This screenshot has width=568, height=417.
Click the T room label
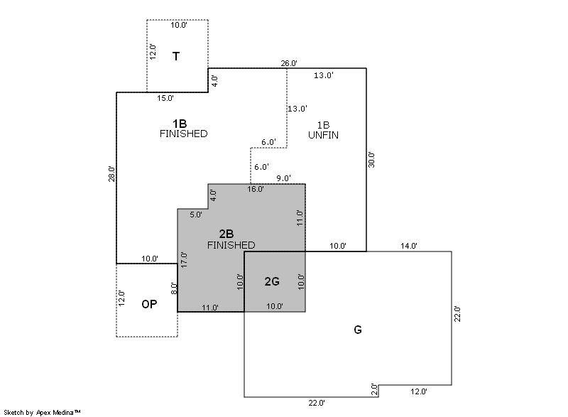175,56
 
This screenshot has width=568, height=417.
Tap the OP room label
149,304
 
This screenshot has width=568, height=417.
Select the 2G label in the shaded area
272,281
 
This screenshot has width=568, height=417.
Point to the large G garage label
358,330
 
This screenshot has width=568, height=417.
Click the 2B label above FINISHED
226,234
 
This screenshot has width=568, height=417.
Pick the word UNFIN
323,134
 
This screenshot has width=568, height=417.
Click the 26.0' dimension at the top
289,63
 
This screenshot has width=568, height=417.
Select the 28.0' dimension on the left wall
111,173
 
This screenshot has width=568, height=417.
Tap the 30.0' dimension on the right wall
371,159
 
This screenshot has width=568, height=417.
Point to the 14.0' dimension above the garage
409,246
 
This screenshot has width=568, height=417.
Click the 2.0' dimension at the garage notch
374,389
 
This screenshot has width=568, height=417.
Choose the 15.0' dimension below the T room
165,97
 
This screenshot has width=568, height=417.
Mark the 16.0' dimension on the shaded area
256,189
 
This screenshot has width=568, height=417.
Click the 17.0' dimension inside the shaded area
184,259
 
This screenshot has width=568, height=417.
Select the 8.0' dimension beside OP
174,290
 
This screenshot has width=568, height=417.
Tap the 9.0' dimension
283,178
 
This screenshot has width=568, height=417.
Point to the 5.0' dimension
196,214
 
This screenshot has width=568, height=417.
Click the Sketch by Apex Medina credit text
43,412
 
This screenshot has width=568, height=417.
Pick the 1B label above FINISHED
180,123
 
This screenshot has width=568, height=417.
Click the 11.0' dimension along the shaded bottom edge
210,308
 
